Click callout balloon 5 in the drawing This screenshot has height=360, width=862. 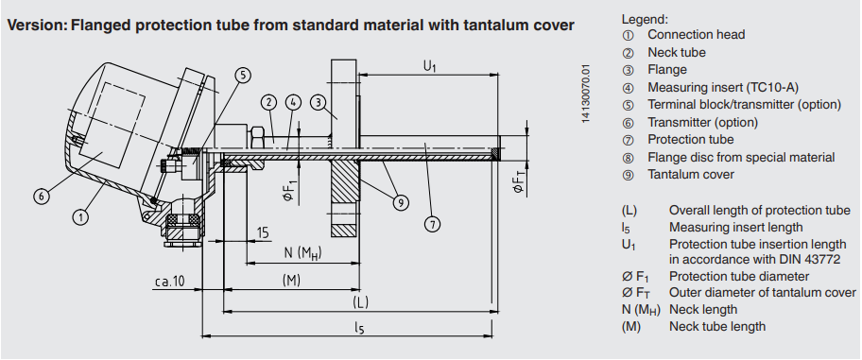245,76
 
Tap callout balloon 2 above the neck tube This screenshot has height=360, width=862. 268,102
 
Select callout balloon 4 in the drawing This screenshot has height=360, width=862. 293,102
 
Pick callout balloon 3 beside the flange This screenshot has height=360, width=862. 318,102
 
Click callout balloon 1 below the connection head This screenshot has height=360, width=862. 80,217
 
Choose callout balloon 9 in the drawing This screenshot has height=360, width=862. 401,203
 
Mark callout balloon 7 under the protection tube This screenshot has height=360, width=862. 433,224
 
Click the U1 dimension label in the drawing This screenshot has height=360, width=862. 429,67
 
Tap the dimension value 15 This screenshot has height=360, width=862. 264,233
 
